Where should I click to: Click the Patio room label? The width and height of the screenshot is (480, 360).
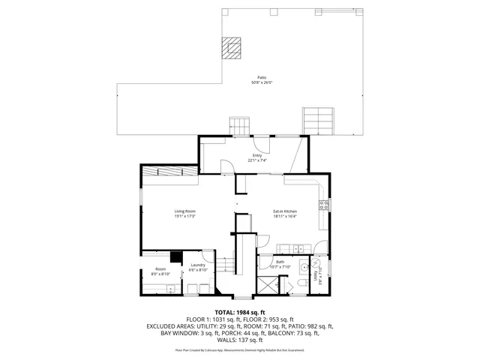pyautogui.click(x=262, y=77)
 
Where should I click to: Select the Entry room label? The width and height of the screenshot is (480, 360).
pyautogui.click(x=257, y=155)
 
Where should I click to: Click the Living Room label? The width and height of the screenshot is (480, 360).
pyautogui.click(x=185, y=211)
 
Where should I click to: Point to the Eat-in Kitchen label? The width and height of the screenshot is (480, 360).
pyautogui.click(x=285, y=211)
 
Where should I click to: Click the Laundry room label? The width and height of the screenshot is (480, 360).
pyautogui.click(x=198, y=265)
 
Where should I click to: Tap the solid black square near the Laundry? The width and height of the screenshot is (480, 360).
pyautogui.click(x=175, y=256)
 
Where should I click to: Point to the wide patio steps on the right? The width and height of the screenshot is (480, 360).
pyautogui.click(x=317, y=120)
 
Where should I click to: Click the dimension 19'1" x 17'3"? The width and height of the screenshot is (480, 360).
pyautogui.click(x=185, y=217)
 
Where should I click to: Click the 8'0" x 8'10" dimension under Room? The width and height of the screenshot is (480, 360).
pyautogui.click(x=161, y=274)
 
